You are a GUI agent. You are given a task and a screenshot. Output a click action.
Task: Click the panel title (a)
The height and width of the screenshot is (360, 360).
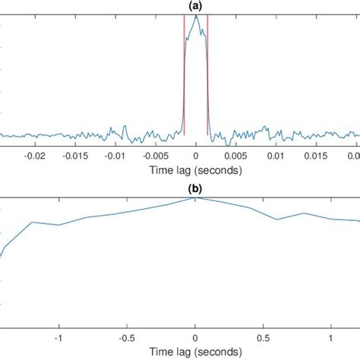point(195,6)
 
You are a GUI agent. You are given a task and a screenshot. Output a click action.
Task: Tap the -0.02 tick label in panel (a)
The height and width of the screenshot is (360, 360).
point(33,155)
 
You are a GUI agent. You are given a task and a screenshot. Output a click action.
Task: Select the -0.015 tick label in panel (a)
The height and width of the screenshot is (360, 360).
point(74,155)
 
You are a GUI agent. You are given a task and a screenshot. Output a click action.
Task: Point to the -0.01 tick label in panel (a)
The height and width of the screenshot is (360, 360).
point(115,155)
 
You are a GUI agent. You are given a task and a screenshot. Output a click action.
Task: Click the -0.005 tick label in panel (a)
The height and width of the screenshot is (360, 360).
point(155,155)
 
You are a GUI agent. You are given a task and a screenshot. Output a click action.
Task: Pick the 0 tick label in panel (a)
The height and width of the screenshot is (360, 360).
point(196,155)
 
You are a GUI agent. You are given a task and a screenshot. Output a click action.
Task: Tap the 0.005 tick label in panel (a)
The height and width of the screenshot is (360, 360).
point(237,155)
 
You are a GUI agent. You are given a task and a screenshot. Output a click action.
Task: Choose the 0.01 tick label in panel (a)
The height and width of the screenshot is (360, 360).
point(277,155)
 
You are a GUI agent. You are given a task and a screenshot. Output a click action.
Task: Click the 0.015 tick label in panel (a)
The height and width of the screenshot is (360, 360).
point(317,155)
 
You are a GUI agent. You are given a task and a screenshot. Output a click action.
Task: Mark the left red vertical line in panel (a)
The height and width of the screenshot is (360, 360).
point(184,76)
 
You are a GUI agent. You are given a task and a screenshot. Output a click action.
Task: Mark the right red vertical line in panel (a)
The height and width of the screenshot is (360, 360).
point(208,76)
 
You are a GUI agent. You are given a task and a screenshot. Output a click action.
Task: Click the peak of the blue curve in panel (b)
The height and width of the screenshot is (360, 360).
point(195,197)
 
